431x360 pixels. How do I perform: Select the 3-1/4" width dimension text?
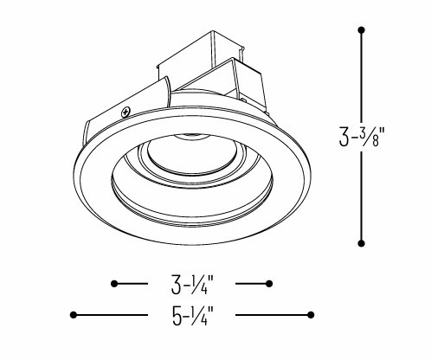click(192, 284)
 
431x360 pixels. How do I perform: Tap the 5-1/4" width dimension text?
click(191, 315)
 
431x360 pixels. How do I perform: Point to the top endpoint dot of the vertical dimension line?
click(361, 30)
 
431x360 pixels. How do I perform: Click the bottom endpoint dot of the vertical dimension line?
click(361, 242)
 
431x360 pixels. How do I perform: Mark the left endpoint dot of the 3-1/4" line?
click(114, 283)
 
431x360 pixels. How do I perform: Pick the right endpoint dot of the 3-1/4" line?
click(271, 283)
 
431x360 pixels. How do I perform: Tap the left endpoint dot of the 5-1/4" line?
click(74, 314)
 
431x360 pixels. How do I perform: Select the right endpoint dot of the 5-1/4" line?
click(312, 314)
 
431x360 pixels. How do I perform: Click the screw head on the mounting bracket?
click(127, 111)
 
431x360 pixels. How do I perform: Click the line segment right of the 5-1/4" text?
click(273, 314)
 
